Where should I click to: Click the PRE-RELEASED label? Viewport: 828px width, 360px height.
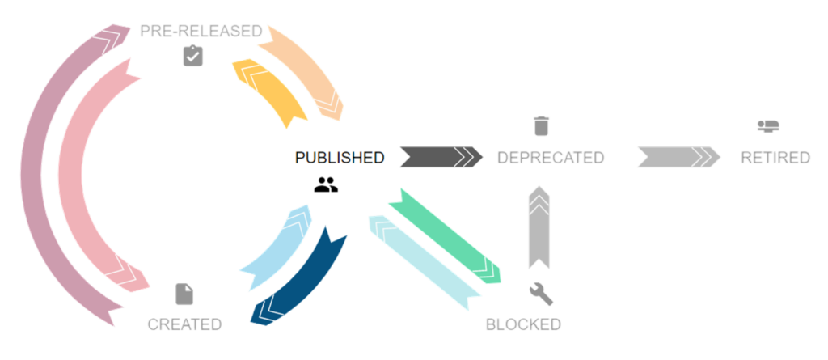point(201,32)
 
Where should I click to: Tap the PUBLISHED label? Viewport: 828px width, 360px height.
point(340,158)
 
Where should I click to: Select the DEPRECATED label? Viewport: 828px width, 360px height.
point(551,158)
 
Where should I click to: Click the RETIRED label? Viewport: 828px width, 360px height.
point(775,158)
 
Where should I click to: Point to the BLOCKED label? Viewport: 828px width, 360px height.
point(523,324)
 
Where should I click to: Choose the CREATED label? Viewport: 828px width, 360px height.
point(184,324)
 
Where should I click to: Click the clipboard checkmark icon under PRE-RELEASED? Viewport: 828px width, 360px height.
point(192,56)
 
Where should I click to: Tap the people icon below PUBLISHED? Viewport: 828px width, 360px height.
point(326,184)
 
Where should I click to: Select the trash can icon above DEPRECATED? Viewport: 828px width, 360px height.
point(541,126)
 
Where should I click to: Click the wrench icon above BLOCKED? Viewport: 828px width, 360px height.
point(540,294)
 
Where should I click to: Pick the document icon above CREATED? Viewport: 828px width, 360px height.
point(184,294)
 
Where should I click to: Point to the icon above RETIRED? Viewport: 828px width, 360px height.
point(767,126)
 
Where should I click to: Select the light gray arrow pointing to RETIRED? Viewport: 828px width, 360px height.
point(678,156)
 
